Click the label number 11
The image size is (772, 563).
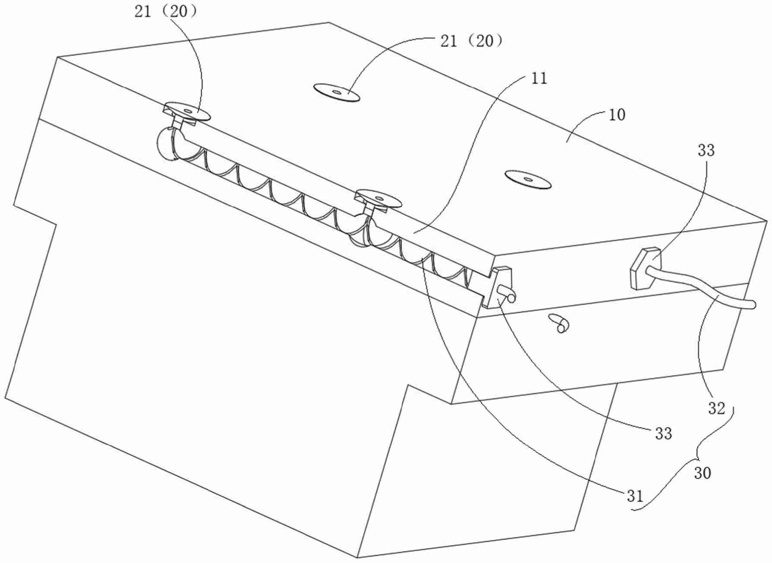pyautogui.click(x=537, y=78)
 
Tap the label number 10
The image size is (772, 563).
pyautogui.click(x=616, y=115)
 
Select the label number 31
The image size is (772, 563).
pyautogui.click(x=635, y=496)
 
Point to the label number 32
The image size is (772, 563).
pyautogui.click(x=716, y=408)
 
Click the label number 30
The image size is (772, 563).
pyautogui.click(x=702, y=473)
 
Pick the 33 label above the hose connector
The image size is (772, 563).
pyautogui.click(x=706, y=150)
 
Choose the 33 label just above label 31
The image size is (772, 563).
pyautogui.click(x=664, y=433)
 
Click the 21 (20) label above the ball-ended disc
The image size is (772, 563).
pyautogui.click(x=166, y=12)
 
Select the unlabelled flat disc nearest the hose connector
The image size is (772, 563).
pyautogui.click(x=528, y=179)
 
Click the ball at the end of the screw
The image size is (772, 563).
pyautogui.click(x=165, y=143)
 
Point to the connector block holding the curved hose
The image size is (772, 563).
pyautogui.click(x=643, y=268)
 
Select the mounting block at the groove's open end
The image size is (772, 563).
pyautogui.click(x=497, y=287)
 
